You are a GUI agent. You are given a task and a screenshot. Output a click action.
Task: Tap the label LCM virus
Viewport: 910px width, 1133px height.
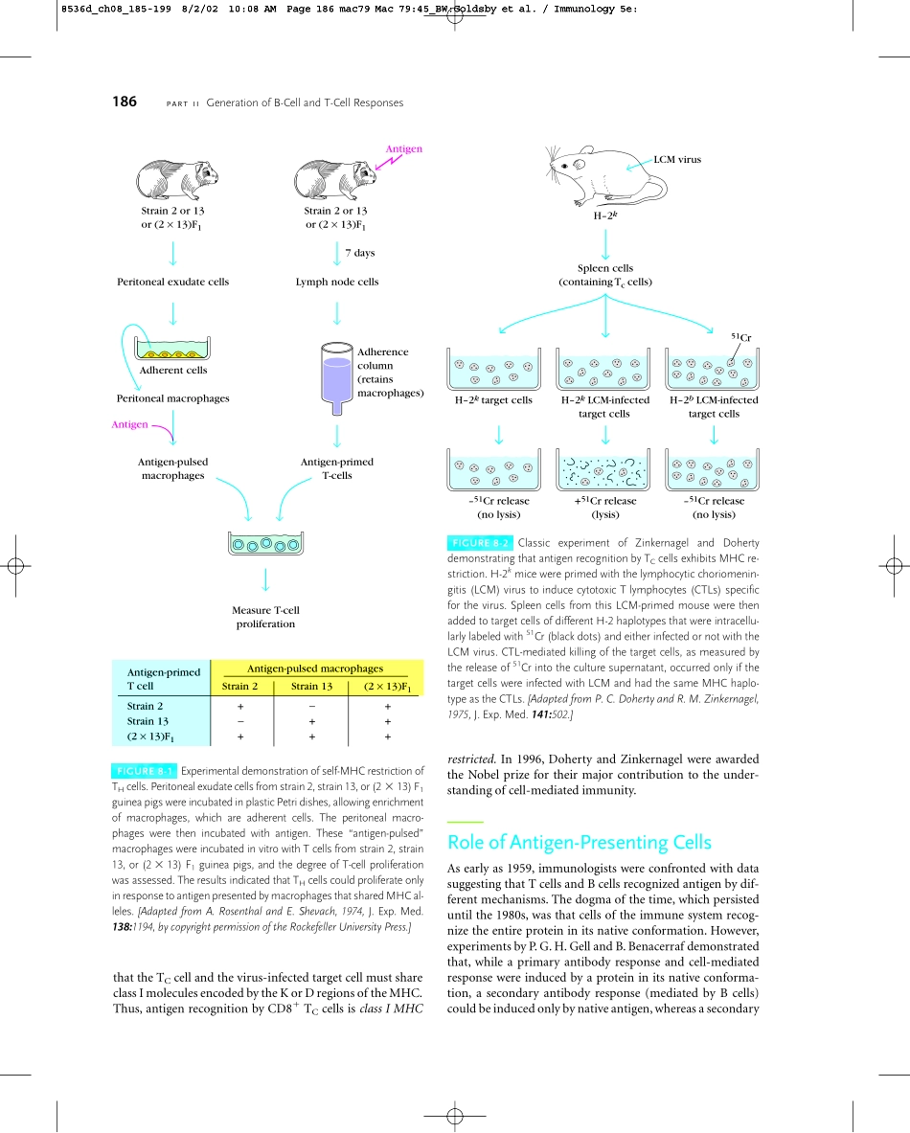(677, 159)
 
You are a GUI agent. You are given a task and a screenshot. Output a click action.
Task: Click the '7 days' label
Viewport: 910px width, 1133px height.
(359, 253)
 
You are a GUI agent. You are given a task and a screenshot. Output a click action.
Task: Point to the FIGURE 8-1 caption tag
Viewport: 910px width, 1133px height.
(144, 770)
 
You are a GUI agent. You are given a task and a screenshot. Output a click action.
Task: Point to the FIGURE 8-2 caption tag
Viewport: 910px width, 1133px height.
(480, 543)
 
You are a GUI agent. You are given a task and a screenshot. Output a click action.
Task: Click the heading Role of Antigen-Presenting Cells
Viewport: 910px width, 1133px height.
(580, 843)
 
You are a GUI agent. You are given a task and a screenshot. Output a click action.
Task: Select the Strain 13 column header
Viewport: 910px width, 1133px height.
(311, 686)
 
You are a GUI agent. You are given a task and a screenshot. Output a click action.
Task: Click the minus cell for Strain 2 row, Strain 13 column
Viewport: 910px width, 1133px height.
(311, 706)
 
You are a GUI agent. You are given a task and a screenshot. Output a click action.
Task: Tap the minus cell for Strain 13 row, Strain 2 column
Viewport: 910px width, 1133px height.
(240, 721)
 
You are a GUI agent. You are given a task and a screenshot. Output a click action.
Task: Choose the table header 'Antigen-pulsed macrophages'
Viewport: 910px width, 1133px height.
(315, 668)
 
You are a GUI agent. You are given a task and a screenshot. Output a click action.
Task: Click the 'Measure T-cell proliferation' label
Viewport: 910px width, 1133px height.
(265, 617)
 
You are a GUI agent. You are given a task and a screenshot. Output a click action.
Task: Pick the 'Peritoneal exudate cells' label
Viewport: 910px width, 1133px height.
(172, 282)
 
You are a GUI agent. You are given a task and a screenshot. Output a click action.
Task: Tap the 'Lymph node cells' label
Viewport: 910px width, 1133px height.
(337, 282)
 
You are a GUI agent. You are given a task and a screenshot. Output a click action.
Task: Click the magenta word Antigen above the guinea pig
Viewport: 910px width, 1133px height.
(403, 148)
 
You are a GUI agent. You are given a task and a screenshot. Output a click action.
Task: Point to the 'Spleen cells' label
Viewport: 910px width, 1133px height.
(605, 268)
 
